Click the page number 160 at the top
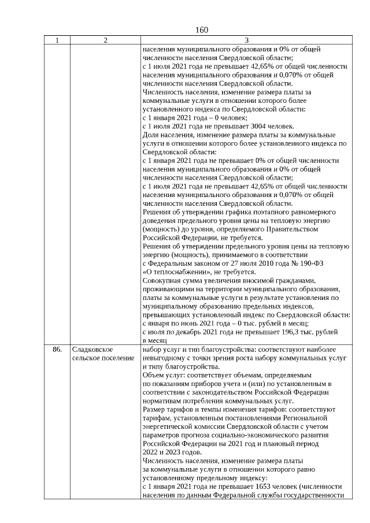[202, 30]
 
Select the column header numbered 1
[57, 40]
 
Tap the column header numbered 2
[105, 40]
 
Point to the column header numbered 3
[246, 40]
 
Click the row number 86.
[57, 350]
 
